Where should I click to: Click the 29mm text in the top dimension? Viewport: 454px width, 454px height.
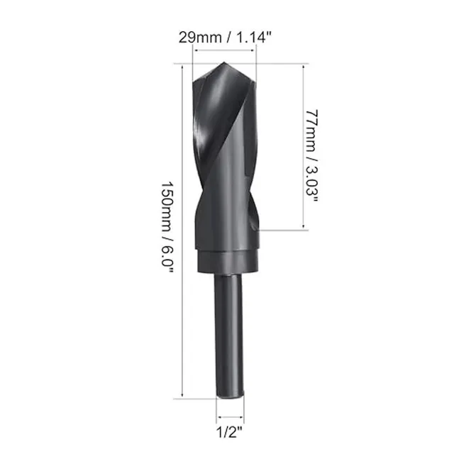[200, 38]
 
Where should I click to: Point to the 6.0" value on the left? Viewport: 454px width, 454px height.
[167, 258]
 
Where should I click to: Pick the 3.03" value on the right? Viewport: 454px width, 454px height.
[312, 184]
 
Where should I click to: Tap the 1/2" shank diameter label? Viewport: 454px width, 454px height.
[229, 433]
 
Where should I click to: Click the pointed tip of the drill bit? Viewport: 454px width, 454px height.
[224, 62]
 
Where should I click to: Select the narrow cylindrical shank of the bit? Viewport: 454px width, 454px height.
[228, 336]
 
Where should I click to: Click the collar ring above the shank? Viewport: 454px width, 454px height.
[227, 262]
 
